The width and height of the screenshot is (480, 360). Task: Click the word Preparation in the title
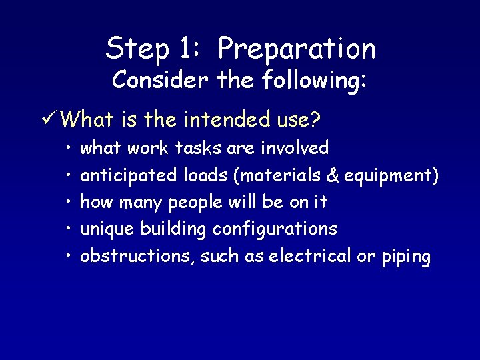297,49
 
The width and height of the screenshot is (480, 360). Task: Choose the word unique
107,229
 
